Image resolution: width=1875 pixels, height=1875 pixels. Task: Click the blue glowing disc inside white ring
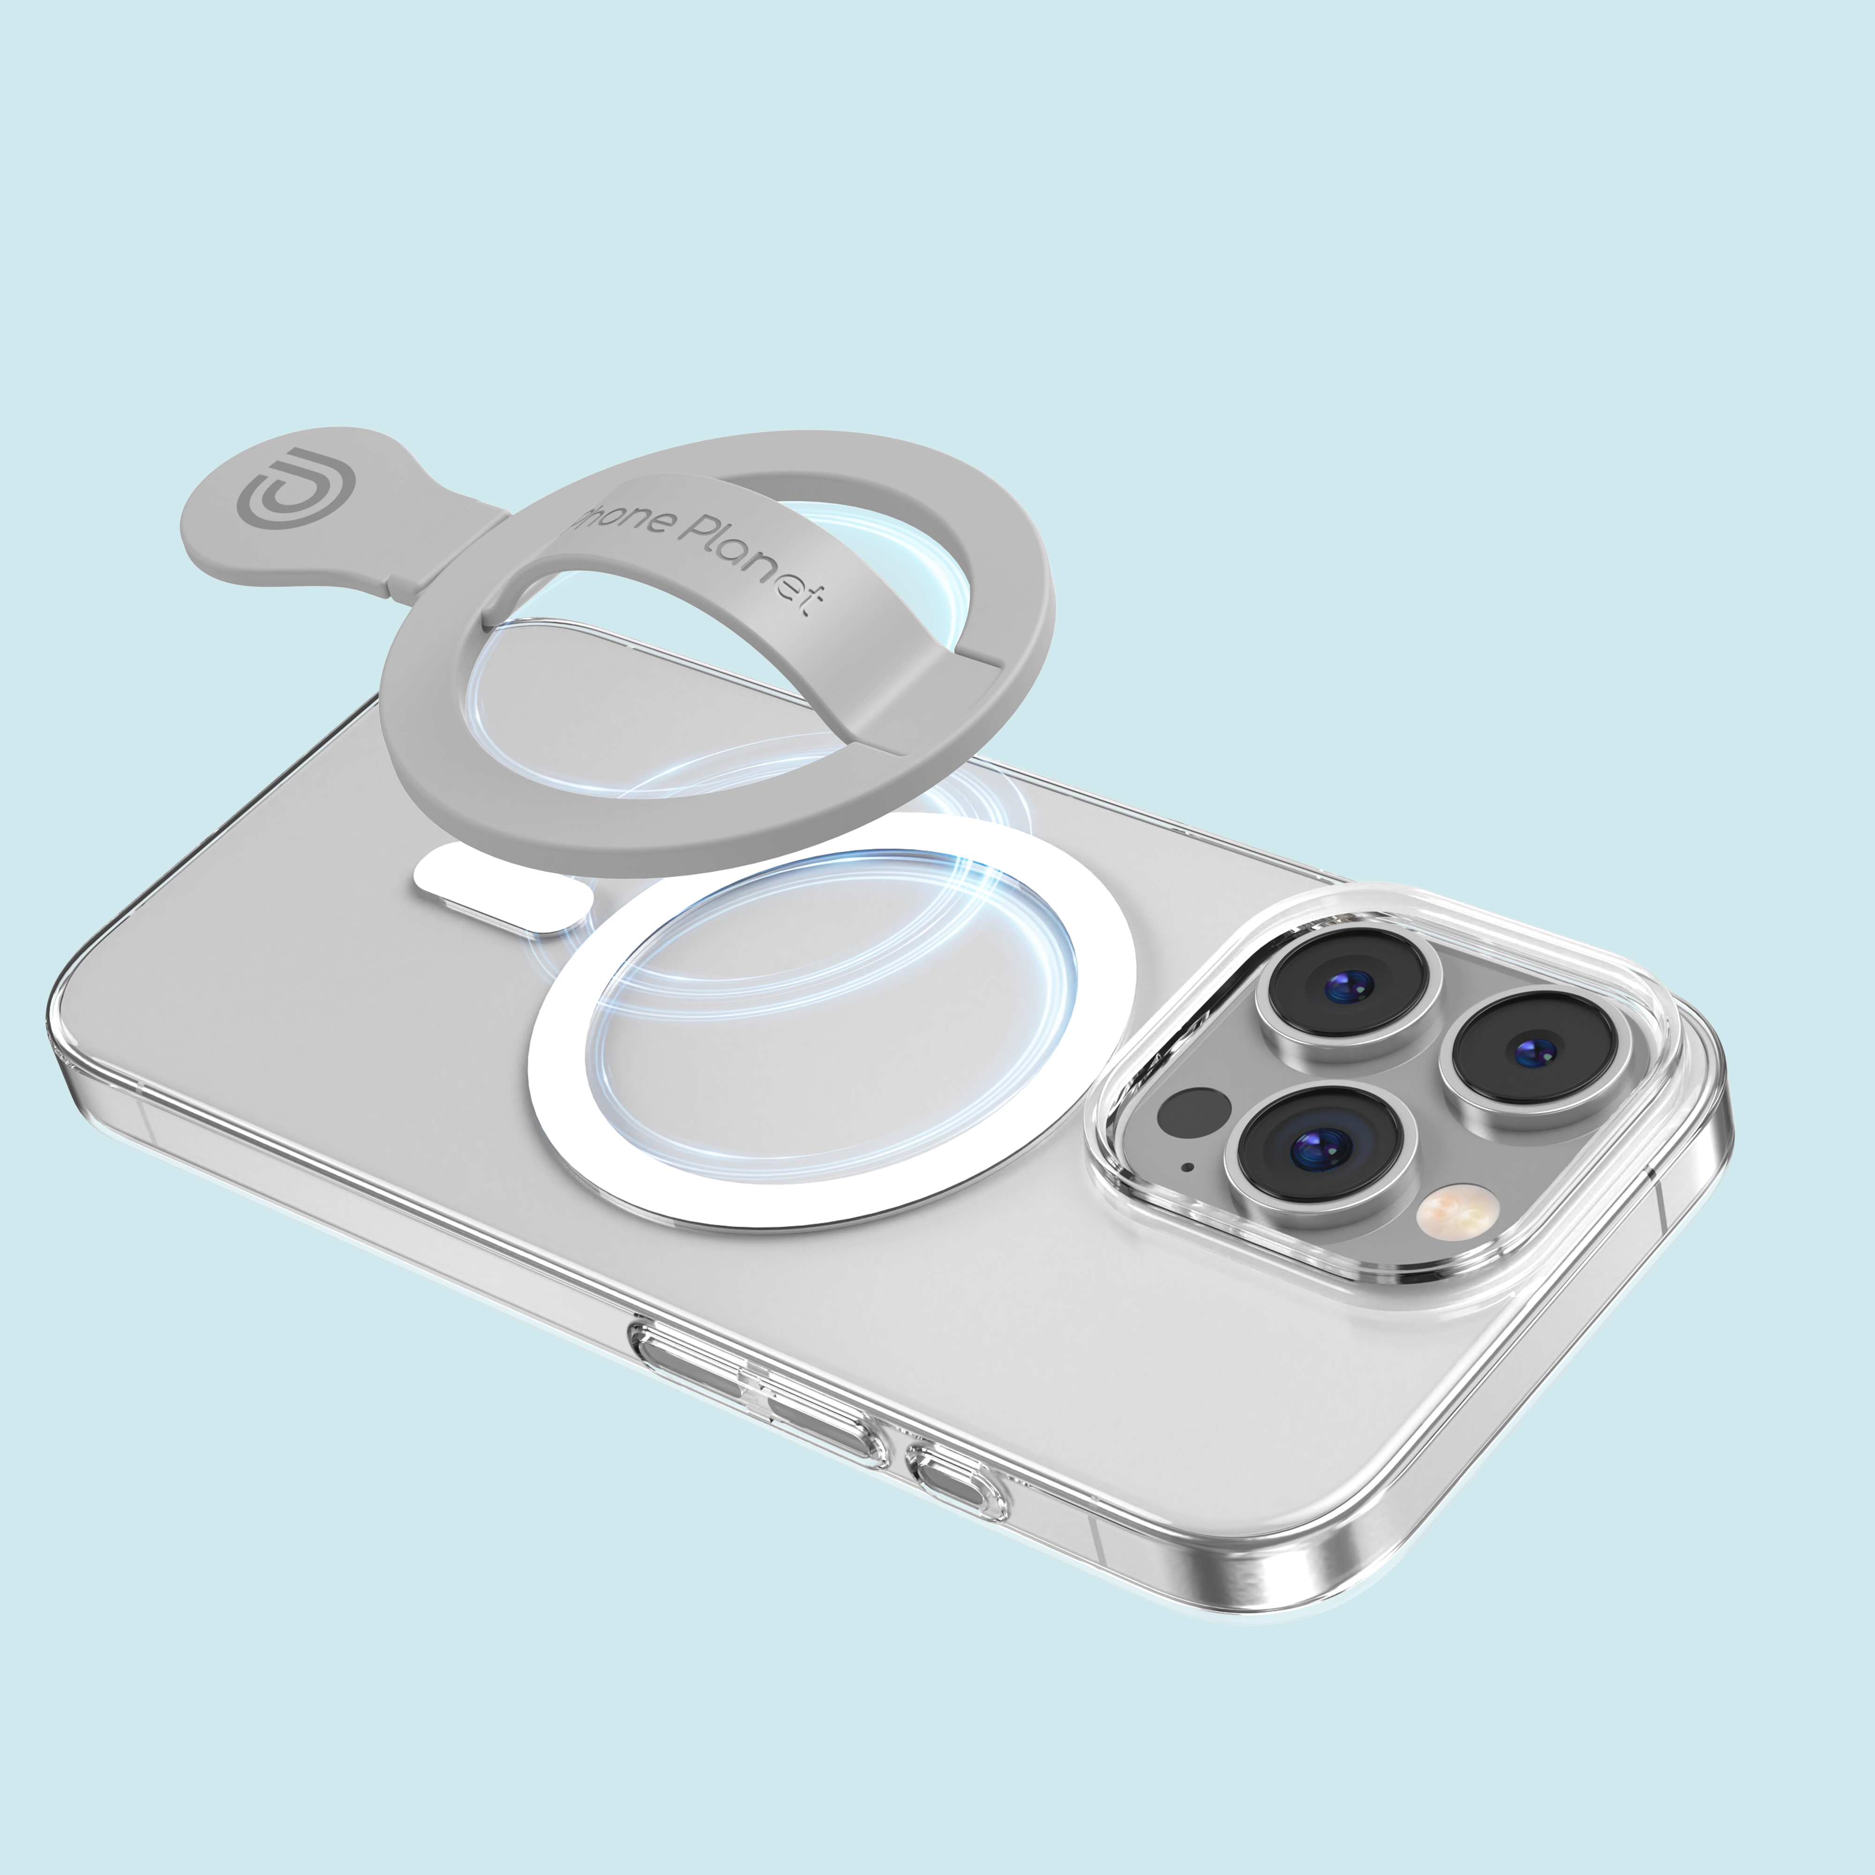(835, 1009)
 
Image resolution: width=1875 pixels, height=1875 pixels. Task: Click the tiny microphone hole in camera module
(1186, 1167)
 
